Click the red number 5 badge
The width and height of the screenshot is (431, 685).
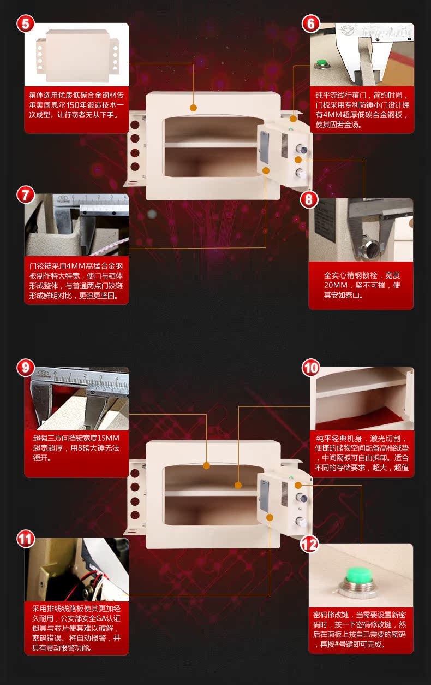pyautogui.click(x=26, y=24)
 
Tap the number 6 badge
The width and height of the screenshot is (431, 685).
pyautogui.click(x=310, y=24)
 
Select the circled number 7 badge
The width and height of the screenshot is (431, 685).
pyautogui.click(x=26, y=195)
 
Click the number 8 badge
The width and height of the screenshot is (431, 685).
pyautogui.click(x=309, y=199)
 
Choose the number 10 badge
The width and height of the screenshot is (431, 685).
pyautogui.click(x=310, y=368)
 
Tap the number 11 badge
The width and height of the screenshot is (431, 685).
pyautogui.click(x=26, y=539)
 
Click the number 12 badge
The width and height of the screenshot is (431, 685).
pyautogui.click(x=309, y=544)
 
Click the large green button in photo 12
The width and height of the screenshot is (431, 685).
pyautogui.click(x=358, y=575)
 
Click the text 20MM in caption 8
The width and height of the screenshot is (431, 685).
pyautogui.click(x=334, y=285)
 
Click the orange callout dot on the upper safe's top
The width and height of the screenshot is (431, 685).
pyautogui.click(x=193, y=108)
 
